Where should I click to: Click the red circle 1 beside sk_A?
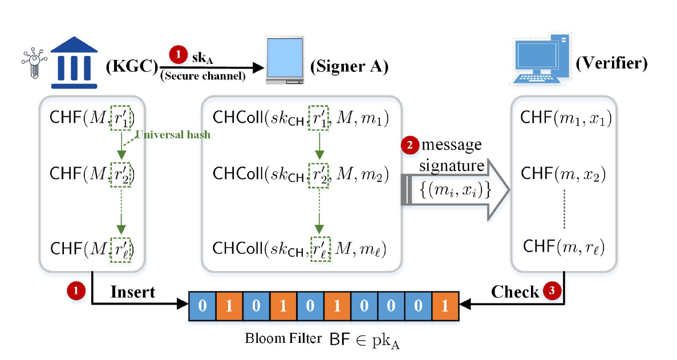178,55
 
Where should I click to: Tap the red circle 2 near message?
409,145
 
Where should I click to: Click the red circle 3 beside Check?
551,290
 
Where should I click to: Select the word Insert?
132,292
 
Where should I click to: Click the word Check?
515,292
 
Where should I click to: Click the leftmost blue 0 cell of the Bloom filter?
202,306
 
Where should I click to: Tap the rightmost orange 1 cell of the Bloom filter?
445,306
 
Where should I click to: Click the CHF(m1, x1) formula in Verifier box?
566,119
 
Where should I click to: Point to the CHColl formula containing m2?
301,173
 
